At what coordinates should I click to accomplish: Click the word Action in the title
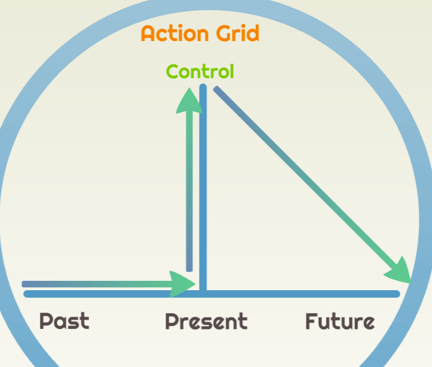(175, 33)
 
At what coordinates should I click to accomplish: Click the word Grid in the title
(238, 33)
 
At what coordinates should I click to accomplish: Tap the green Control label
(200, 72)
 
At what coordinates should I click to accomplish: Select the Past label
(65, 321)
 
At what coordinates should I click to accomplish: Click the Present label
(206, 321)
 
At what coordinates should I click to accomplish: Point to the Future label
(340, 321)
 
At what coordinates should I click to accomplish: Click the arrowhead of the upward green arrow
(189, 101)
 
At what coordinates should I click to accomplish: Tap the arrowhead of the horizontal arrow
(182, 284)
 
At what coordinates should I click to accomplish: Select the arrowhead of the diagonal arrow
(399, 271)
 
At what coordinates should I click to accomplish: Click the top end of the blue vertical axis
(203, 87)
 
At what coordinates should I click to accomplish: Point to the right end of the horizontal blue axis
(397, 294)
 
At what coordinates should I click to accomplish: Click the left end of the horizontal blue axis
(27, 294)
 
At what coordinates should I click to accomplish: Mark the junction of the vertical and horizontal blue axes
(203, 294)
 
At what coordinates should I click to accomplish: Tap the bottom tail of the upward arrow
(189, 269)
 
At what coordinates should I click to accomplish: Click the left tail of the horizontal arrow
(24, 284)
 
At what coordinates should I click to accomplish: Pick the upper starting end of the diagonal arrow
(217, 89)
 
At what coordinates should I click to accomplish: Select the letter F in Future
(311, 321)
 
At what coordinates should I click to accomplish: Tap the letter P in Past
(46, 321)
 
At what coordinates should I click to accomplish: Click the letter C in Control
(173, 72)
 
